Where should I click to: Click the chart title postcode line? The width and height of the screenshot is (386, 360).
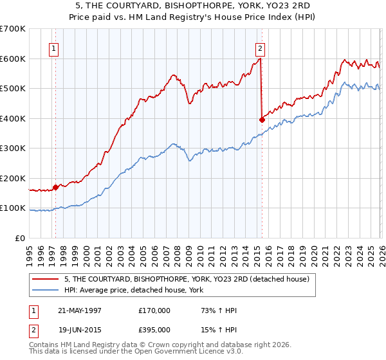pos(193,6)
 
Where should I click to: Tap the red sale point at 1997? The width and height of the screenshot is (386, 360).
pos(56,187)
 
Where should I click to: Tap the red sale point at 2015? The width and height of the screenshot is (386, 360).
pos(261,120)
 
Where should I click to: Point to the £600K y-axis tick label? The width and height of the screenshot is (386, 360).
pos(13,59)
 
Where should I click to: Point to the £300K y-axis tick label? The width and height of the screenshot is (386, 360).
pos(13,148)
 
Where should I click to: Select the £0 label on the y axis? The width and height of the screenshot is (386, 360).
pos(20,239)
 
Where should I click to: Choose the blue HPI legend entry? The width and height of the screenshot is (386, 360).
pos(134,291)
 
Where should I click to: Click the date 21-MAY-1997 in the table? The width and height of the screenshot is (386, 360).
pos(80,310)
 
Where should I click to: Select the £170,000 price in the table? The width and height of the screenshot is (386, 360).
pos(154,310)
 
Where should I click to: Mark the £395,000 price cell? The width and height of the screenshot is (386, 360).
pos(154,329)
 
